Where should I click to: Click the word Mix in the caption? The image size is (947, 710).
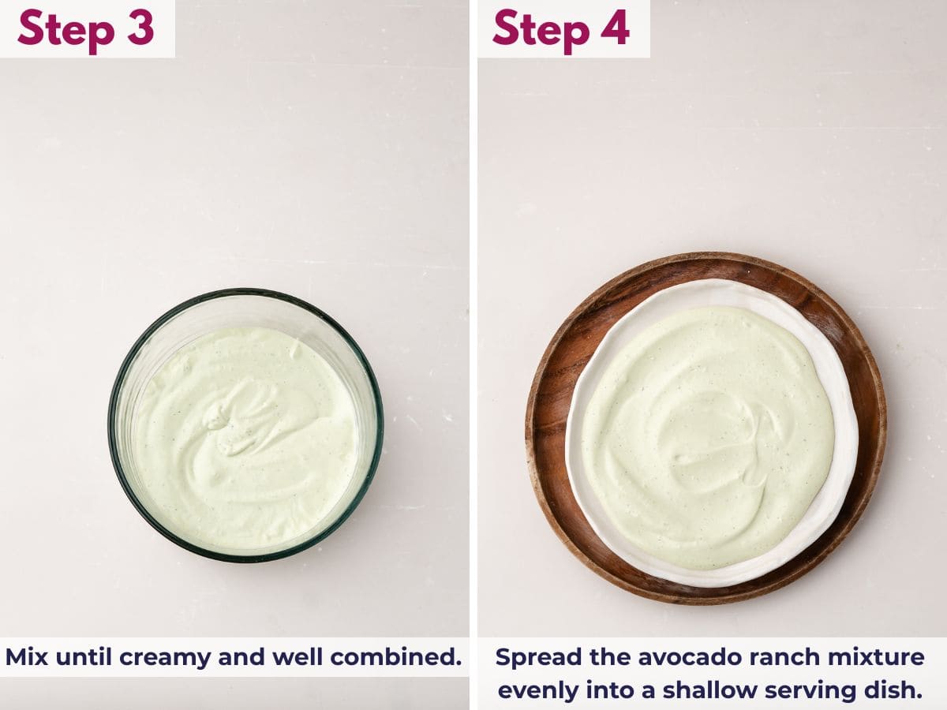(x=27, y=657)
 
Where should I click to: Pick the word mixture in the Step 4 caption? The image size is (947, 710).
(x=877, y=657)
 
